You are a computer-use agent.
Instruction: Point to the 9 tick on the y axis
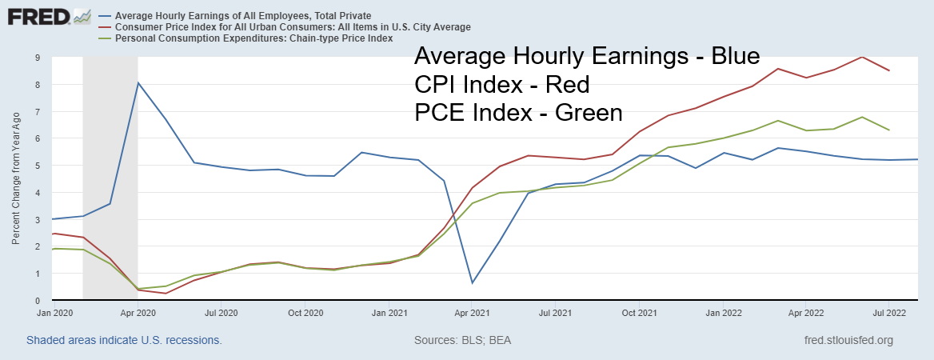point(38,58)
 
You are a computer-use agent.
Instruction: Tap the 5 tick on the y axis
point(38,166)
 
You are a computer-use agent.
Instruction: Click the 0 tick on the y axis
point(38,301)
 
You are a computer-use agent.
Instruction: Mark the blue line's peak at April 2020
point(138,82)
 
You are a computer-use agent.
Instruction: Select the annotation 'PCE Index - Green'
point(518,113)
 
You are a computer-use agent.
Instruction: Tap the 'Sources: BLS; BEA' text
point(462,340)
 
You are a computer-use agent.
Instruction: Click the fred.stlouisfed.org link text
point(848,340)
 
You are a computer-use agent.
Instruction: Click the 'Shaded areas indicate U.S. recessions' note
point(124,340)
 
